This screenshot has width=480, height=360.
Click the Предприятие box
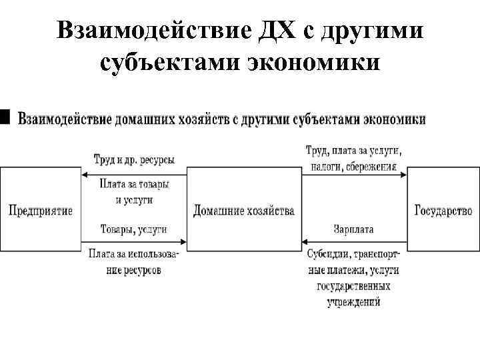click(x=40, y=209)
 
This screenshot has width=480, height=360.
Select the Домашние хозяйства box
click(x=243, y=210)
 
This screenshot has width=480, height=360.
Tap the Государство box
click(x=443, y=210)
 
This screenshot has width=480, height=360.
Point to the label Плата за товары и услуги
click(x=134, y=191)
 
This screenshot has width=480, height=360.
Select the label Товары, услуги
click(x=133, y=229)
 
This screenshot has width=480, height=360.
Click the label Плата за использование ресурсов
click(x=133, y=262)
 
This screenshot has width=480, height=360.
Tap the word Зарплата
click(x=353, y=229)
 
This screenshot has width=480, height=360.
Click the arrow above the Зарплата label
click(x=353, y=241)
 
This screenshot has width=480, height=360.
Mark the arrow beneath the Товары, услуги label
click(x=133, y=241)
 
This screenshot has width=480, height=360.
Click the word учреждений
click(x=353, y=301)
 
